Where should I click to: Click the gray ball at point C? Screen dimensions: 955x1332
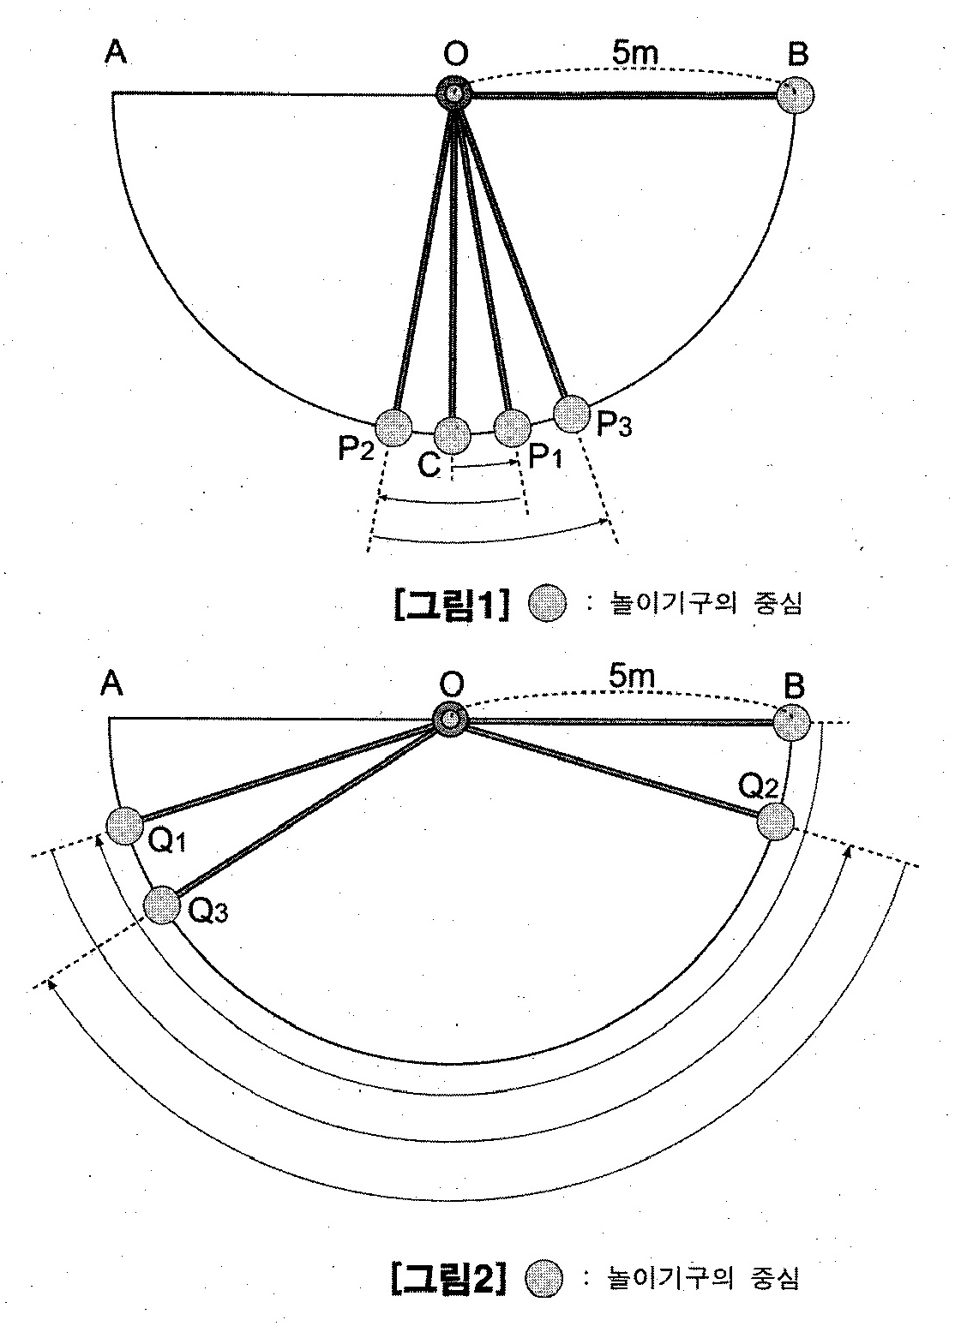pyautogui.click(x=453, y=434)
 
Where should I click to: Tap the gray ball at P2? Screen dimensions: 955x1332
pyautogui.click(x=393, y=427)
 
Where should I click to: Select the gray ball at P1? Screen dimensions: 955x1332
pyautogui.click(x=513, y=427)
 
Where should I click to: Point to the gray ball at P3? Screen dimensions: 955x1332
pyautogui.click(x=571, y=414)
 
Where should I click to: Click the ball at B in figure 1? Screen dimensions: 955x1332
pyautogui.click(x=796, y=95)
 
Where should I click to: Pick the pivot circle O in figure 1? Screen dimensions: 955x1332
pyautogui.click(x=453, y=93)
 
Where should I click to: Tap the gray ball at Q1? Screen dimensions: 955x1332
pyautogui.click(x=125, y=826)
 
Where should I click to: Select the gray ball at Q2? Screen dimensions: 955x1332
pyautogui.click(x=775, y=821)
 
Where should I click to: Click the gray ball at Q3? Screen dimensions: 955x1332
pyautogui.click(x=162, y=905)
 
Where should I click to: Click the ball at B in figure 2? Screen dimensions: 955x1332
pyautogui.click(x=791, y=723)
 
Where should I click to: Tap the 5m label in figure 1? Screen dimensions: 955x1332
pyautogui.click(x=635, y=53)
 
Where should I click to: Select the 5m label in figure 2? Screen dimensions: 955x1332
pyautogui.click(x=631, y=678)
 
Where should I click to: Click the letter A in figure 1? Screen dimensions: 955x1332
pyautogui.click(x=116, y=51)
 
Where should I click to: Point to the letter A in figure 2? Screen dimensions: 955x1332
pyautogui.click(x=111, y=684)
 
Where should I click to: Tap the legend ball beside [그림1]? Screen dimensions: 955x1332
pyautogui.click(x=548, y=604)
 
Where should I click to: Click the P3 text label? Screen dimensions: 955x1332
pyautogui.click(x=614, y=425)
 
